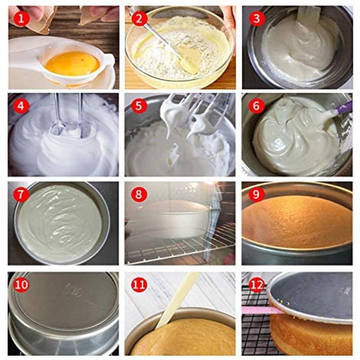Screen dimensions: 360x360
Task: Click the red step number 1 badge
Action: pos(21,18)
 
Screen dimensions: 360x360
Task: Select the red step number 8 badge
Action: pos(139,194)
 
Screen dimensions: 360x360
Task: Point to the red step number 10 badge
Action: pos(21,284)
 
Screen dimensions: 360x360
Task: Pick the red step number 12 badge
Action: pos(256,285)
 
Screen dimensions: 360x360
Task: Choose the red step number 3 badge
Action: pos(256,18)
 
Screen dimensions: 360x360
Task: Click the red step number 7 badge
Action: pos(21,194)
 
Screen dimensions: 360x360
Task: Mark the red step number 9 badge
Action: pos(256,194)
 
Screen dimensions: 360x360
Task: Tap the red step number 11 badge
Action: pos(139,285)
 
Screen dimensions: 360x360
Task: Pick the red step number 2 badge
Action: pos(139,18)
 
